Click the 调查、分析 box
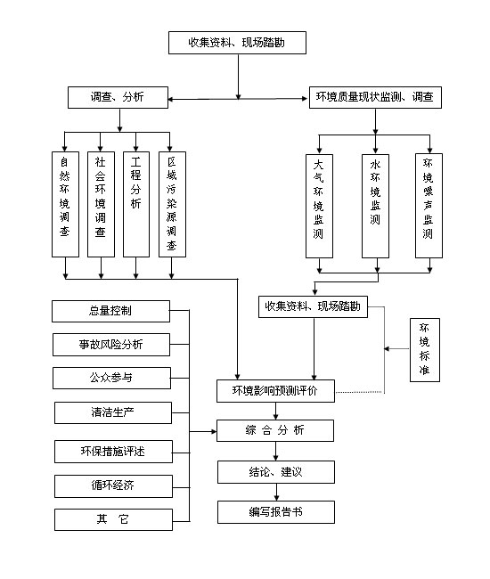(118, 97)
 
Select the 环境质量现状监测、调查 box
(375, 97)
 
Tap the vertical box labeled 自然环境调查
(65, 204)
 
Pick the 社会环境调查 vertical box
(101, 204)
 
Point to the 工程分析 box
(136, 204)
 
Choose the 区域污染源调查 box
(172, 204)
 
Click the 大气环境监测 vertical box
(320, 206)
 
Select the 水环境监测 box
(376, 206)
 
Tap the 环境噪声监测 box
(429, 206)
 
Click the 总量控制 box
(110, 311)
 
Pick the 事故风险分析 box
(111, 345)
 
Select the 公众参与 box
(111, 378)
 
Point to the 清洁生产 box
(113, 412)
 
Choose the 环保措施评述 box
(113, 452)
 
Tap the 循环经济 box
(113, 486)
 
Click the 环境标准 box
(425, 350)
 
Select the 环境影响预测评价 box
(275, 391)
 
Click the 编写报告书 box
(276, 512)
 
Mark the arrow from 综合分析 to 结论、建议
(276, 452)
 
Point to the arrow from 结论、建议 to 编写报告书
(276, 493)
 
